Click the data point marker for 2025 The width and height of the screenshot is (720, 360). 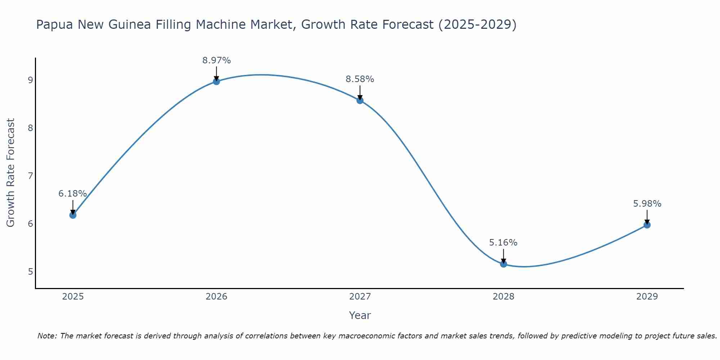coord(73,215)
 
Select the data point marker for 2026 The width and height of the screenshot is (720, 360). coord(216,81)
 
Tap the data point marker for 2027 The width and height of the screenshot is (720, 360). coord(360,100)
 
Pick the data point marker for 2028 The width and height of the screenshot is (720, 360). coord(503,264)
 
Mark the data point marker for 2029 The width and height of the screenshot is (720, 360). coord(647,225)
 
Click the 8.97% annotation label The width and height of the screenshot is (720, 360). coord(216,60)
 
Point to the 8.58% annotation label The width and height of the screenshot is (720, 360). coord(360,79)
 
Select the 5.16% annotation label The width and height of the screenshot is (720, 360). coord(503,243)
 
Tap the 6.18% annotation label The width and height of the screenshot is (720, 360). coord(73,194)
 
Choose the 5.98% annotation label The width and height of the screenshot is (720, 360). coord(647,204)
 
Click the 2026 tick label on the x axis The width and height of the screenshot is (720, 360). coord(216,297)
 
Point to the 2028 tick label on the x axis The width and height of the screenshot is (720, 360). coord(503,297)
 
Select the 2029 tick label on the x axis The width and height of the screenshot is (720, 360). coord(647,297)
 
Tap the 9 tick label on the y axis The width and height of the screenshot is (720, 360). coord(30,80)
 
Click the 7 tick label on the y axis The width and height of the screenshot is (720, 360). coord(30,176)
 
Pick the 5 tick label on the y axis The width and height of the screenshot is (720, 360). coord(30,271)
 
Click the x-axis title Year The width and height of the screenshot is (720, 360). coord(360,315)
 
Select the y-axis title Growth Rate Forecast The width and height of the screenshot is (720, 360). coord(11,173)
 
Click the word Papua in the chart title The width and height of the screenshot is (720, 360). coord(54,25)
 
